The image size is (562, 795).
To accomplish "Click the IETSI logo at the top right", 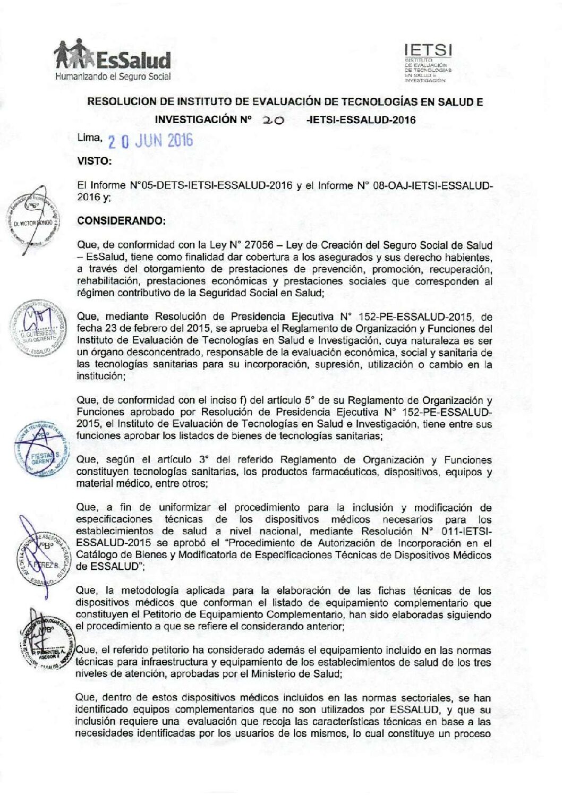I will (428, 63).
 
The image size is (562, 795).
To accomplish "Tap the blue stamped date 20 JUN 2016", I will (150, 141).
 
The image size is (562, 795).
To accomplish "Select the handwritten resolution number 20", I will (274, 121).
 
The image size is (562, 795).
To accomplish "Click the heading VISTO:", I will (94, 161).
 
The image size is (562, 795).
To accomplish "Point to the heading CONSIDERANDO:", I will (121, 221).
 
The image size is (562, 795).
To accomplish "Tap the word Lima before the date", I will (89, 138).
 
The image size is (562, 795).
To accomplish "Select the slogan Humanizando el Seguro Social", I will (113, 76).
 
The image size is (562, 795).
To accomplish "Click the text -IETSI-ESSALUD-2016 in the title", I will (361, 120).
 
